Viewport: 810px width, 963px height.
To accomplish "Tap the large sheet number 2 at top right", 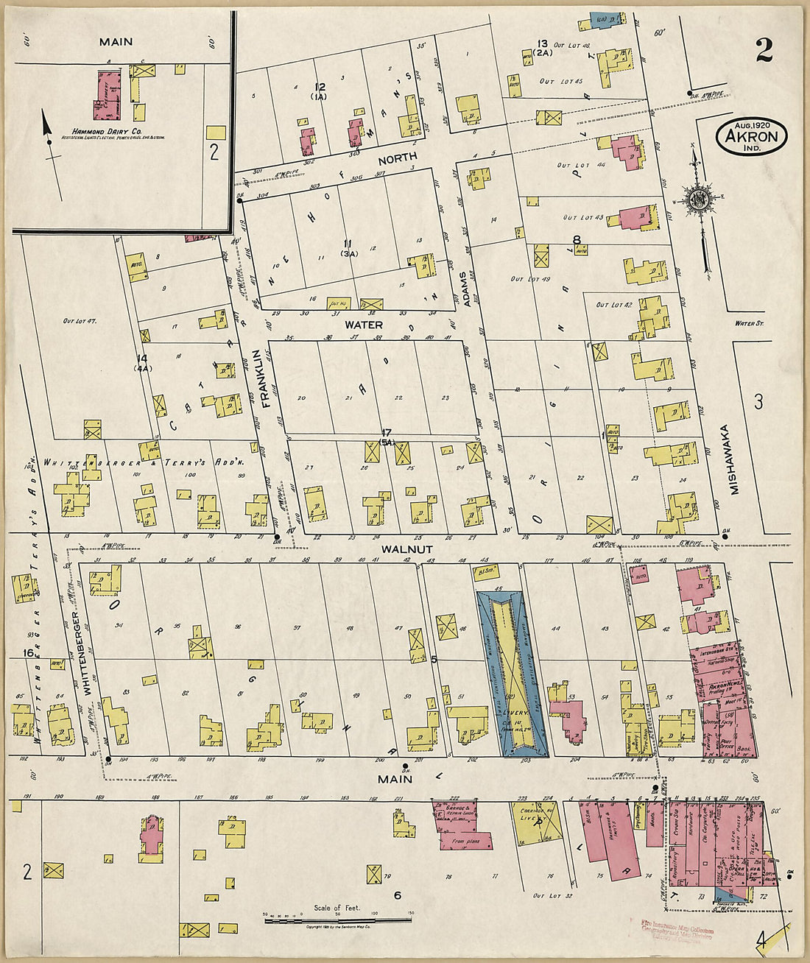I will (764, 50).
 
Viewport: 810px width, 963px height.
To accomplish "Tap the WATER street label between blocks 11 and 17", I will (364, 324).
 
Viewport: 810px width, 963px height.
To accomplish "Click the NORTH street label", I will (398, 157).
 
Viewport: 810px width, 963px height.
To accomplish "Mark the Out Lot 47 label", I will (80, 321).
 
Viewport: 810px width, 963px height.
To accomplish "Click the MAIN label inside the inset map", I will (116, 42).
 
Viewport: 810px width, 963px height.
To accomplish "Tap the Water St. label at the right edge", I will (750, 323).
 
